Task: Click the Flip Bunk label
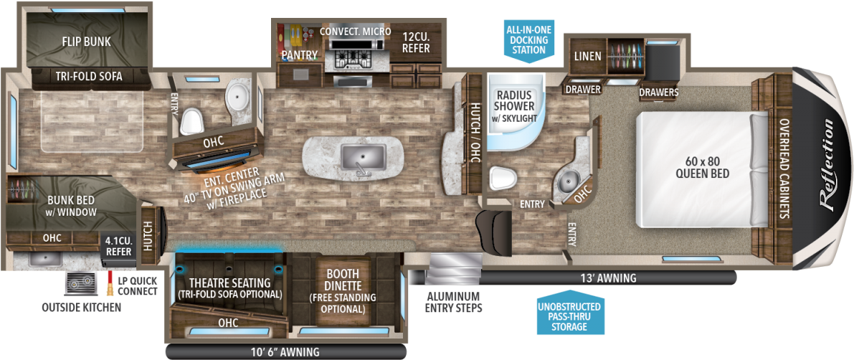click(x=86, y=41)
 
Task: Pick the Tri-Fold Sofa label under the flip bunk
click(x=89, y=76)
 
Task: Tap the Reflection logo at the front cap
click(x=827, y=166)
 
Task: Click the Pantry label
click(x=299, y=55)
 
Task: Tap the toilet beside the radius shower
click(x=503, y=176)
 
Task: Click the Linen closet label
click(x=587, y=55)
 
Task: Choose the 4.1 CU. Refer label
click(x=118, y=247)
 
